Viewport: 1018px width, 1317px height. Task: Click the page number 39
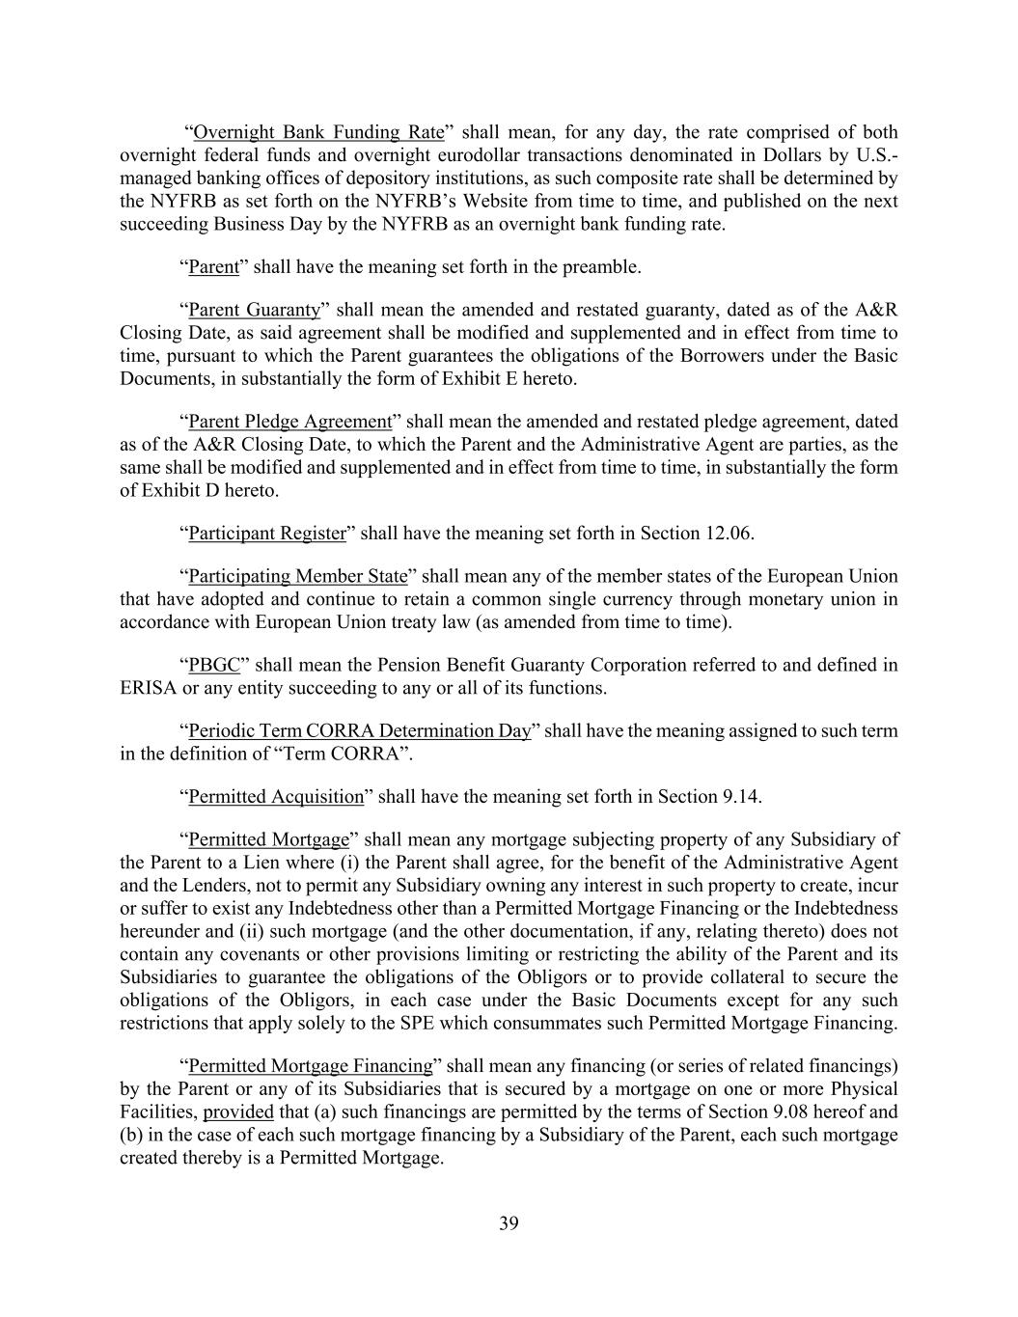click(509, 1224)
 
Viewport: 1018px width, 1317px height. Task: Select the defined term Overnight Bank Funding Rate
click(318, 132)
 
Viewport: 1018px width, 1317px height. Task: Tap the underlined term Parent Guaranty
click(254, 310)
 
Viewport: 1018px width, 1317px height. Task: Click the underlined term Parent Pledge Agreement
click(290, 422)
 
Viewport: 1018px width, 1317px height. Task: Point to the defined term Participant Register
click(267, 534)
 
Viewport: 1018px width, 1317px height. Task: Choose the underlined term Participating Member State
click(298, 577)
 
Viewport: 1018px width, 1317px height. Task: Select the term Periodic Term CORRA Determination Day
click(359, 731)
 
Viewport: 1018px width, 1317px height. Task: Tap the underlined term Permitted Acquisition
click(276, 797)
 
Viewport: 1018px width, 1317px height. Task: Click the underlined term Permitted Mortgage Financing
click(311, 1066)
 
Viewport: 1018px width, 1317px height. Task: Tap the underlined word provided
click(238, 1112)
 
